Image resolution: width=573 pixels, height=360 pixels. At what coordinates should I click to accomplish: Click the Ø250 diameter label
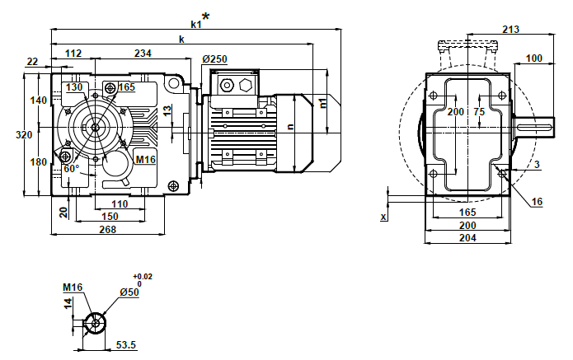pyautogui.click(x=214, y=59)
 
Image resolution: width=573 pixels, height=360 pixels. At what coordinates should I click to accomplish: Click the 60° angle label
pyautogui.click(x=71, y=169)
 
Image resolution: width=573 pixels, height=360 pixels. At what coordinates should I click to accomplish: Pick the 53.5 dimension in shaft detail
pyautogui.click(x=125, y=344)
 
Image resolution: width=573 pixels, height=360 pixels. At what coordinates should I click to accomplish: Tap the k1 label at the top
pyautogui.click(x=195, y=24)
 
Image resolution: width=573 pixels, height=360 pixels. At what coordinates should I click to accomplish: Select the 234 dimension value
pyautogui.click(x=143, y=54)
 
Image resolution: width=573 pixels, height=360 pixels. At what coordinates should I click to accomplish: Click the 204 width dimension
pyautogui.click(x=467, y=237)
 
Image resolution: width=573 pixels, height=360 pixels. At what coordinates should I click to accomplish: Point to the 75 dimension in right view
pyautogui.click(x=478, y=111)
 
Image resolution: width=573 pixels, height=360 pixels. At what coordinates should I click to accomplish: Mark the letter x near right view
pyautogui.click(x=383, y=217)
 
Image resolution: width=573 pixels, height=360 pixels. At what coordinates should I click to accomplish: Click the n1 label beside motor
pyautogui.click(x=323, y=103)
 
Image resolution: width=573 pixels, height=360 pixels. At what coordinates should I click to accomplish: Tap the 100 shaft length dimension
pyautogui.click(x=533, y=58)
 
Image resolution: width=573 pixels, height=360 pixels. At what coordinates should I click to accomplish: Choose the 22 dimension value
pyautogui.click(x=32, y=61)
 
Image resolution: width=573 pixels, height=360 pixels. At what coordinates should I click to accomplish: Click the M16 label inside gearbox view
pyautogui.click(x=145, y=159)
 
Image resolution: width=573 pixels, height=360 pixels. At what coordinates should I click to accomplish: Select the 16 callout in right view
pyautogui.click(x=537, y=201)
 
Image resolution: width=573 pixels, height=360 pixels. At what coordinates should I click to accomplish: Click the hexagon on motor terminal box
pyautogui.click(x=245, y=85)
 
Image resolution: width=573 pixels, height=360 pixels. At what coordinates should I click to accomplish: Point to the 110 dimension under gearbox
pyautogui.click(x=120, y=203)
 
